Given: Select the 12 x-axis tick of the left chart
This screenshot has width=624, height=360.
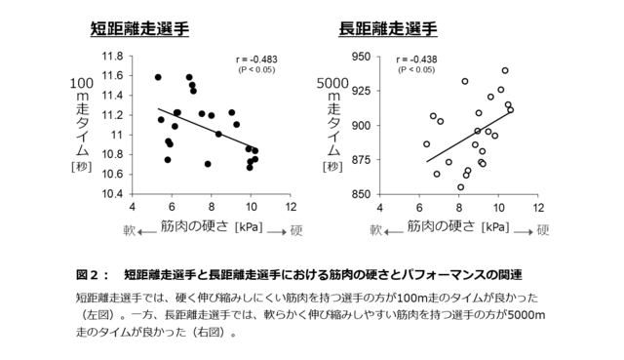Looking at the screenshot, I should pos(290,207).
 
